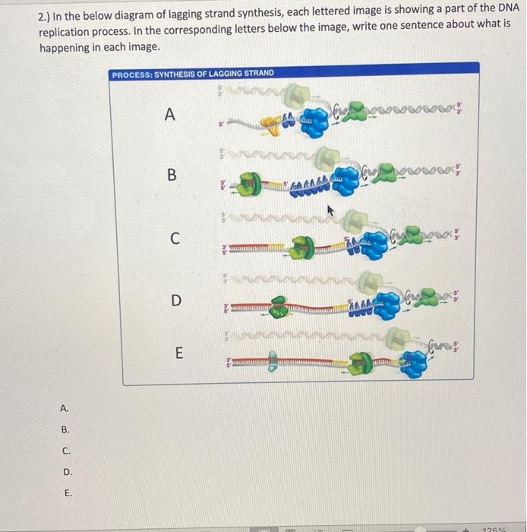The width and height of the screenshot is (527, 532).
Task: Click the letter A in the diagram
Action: tap(169, 115)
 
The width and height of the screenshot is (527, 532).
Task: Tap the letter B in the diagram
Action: tap(172, 176)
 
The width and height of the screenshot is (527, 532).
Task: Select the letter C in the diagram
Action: tap(174, 239)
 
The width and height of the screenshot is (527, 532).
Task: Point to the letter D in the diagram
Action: tap(175, 300)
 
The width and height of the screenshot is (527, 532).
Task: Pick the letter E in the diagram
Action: tap(178, 353)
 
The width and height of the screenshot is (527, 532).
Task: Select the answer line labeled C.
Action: tap(67, 451)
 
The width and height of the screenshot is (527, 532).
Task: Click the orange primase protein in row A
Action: tap(272, 122)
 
